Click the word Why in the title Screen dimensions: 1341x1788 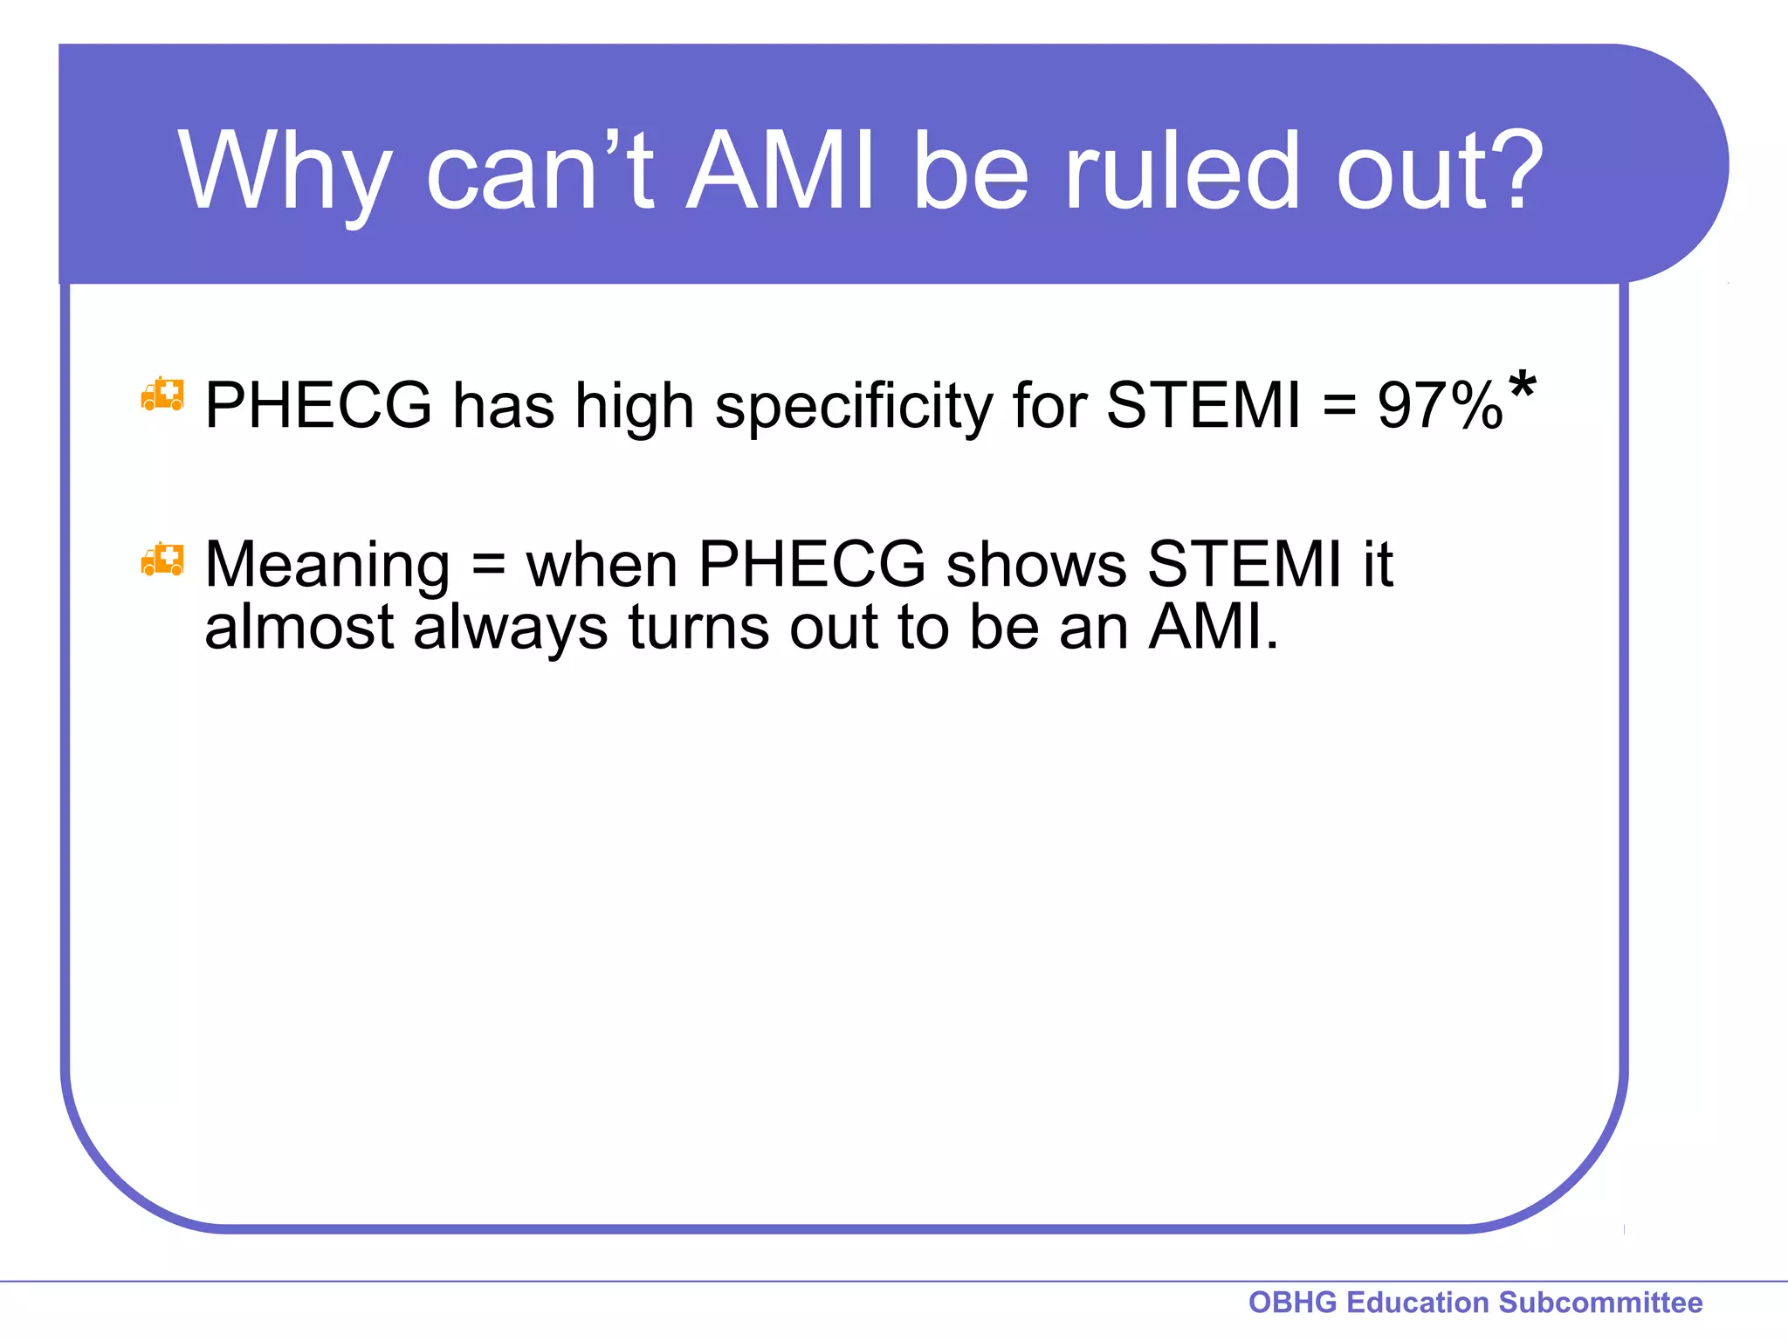284,171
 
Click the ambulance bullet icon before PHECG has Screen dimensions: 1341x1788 162,395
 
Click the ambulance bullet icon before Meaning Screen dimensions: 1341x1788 162,560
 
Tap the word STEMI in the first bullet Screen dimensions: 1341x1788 1203,406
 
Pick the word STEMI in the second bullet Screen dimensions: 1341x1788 1243,564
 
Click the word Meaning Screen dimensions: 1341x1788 327,566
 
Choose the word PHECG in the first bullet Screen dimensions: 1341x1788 318,406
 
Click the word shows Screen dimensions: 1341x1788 1036,564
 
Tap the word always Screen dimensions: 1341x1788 510,629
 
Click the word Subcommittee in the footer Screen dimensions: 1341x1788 1600,1303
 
